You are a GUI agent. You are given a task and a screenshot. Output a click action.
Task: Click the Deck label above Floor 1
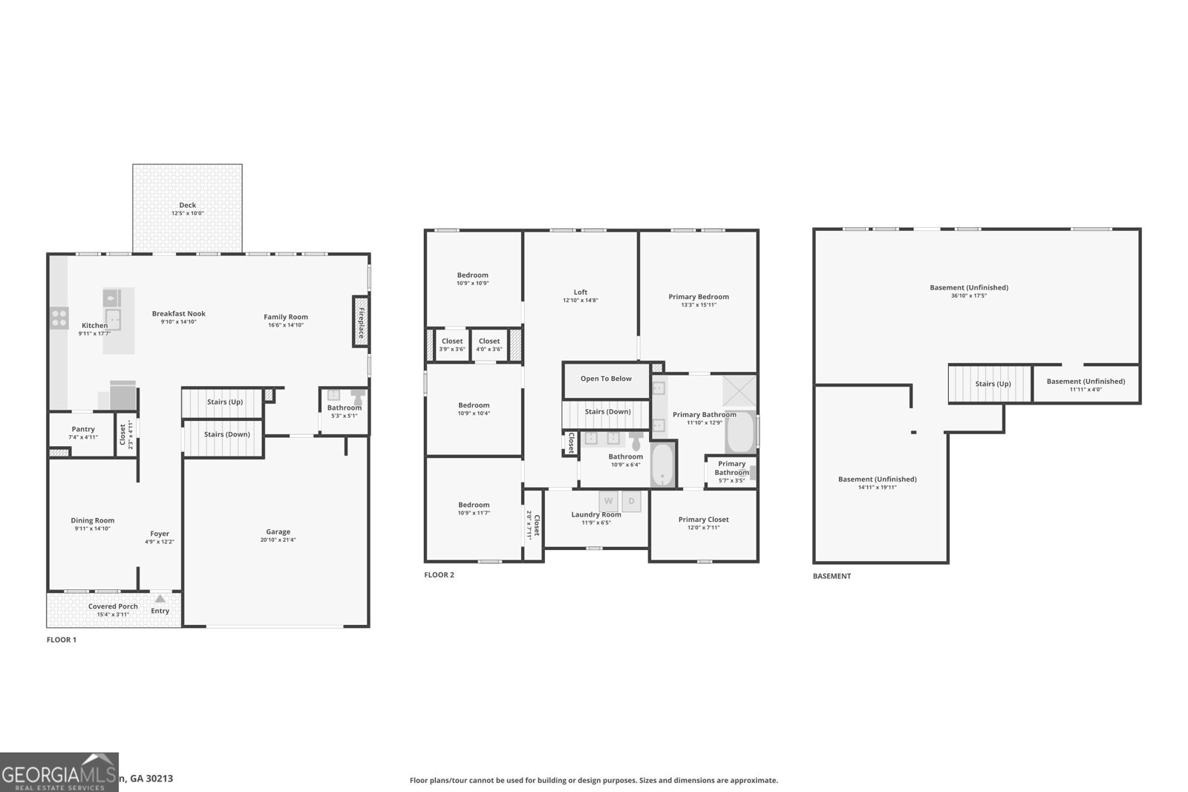pyautogui.click(x=187, y=206)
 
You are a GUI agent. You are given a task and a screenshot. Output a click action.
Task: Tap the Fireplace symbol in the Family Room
pyautogui.click(x=361, y=321)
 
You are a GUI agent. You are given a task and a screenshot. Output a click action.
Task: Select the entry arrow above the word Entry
pyautogui.click(x=160, y=598)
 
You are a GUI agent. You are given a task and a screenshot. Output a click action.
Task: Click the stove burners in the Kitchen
pyautogui.click(x=59, y=318)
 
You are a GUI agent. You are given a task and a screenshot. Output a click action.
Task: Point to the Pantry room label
pyautogui.click(x=83, y=429)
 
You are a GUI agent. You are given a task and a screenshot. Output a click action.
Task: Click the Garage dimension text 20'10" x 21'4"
pyautogui.click(x=278, y=540)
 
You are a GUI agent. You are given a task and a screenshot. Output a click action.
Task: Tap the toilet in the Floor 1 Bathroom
pyautogui.click(x=358, y=396)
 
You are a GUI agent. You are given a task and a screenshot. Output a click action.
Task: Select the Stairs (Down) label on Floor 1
pyautogui.click(x=226, y=434)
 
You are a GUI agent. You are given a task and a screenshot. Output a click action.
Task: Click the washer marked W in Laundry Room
pyautogui.click(x=608, y=501)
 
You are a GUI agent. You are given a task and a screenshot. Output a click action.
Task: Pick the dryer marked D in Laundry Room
pyautogui.click(x=631, y=501)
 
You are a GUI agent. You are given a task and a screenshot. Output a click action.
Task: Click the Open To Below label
pyautogui.click(x=606, y=379)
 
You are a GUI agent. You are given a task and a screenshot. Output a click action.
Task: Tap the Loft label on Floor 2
pyautogui.click(x=580, y=292)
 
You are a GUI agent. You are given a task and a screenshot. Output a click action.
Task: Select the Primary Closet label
pyautogui.click(x=703, y=520)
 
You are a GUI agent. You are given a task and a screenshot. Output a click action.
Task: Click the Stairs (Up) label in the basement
pyautogui.click(x=993, y=384)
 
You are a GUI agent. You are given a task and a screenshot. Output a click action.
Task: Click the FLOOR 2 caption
pyautogui.click(x=439, y=575)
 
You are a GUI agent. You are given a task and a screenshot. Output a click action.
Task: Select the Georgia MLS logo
pyautogui.click(x=59, y=772)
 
